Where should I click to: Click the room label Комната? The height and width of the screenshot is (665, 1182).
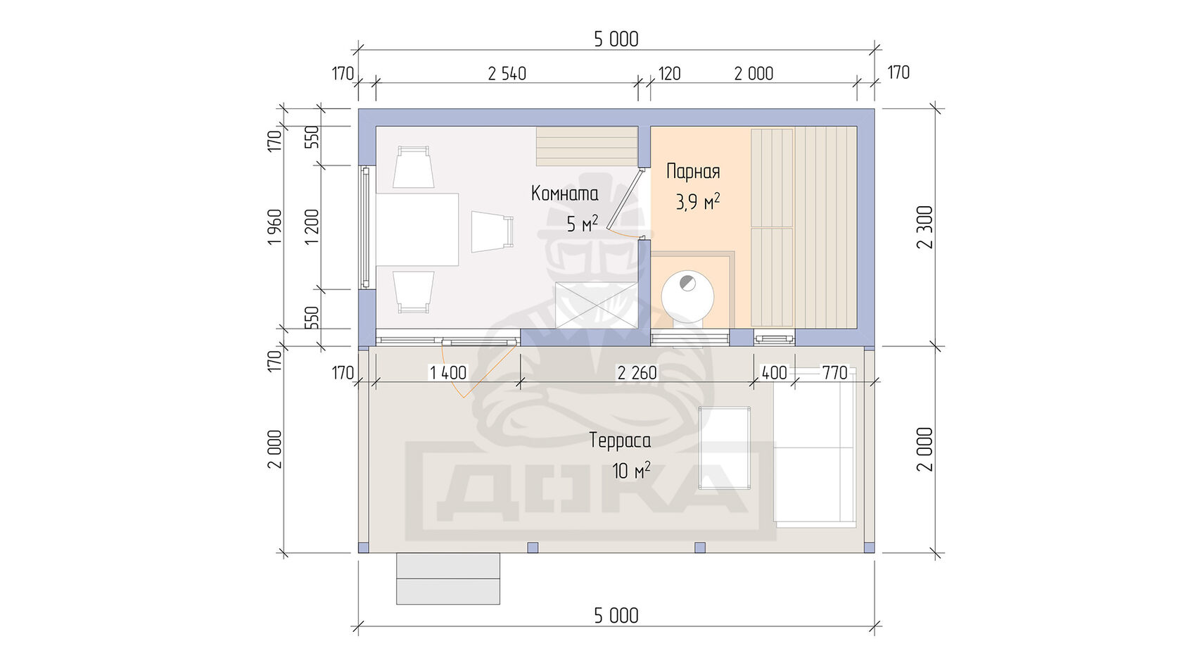click(x=564, y=194)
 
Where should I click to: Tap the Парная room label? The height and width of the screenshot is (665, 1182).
click(x=693, y=172)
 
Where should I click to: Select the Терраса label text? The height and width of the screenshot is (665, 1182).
click(x=619, y=441)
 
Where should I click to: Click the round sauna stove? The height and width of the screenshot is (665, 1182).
click(x=687, y=297)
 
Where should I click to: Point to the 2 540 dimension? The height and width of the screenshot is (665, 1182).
click(x=507, y=74)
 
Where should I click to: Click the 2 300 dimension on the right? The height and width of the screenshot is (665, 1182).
click(x=925, y=227)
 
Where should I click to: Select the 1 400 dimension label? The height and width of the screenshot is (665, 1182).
click(x=448, y=373)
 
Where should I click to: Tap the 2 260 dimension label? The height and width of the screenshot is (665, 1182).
click(x=637, y=373)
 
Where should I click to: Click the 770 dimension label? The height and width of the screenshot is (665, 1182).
click(x=834, y=373)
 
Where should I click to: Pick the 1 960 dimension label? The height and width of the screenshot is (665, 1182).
click(x=275, y=227)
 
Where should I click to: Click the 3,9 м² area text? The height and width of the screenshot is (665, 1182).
click(x=698, y=202)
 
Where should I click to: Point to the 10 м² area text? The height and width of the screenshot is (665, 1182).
click(x=631, y=470)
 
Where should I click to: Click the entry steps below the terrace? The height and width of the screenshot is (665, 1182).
click(x=448, y=578)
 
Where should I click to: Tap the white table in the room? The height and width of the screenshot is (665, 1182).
click(x=417, y=229)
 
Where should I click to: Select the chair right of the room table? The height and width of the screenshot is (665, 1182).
click(x=493, y=232)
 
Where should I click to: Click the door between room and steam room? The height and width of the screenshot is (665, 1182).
click(x=626, y=201)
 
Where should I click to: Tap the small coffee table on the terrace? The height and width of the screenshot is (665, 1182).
click(x=724, y=448)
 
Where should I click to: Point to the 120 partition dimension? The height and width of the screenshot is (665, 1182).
click(x=669, y=74)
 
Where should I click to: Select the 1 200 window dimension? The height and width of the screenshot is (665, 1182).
click(x=312, y=227)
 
